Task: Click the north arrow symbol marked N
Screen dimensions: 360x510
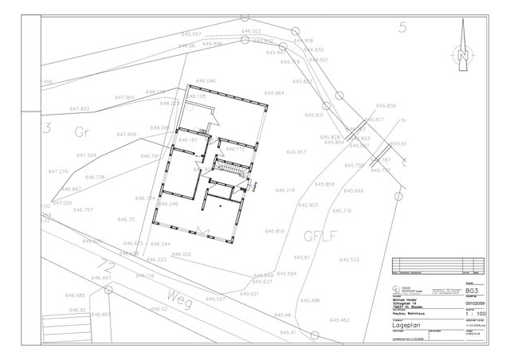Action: tap(461, 49)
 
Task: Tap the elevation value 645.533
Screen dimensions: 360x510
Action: tap(350, 260)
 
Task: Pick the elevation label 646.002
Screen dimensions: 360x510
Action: tap(181, 254)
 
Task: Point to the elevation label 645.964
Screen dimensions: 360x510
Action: tap(274, 93)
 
